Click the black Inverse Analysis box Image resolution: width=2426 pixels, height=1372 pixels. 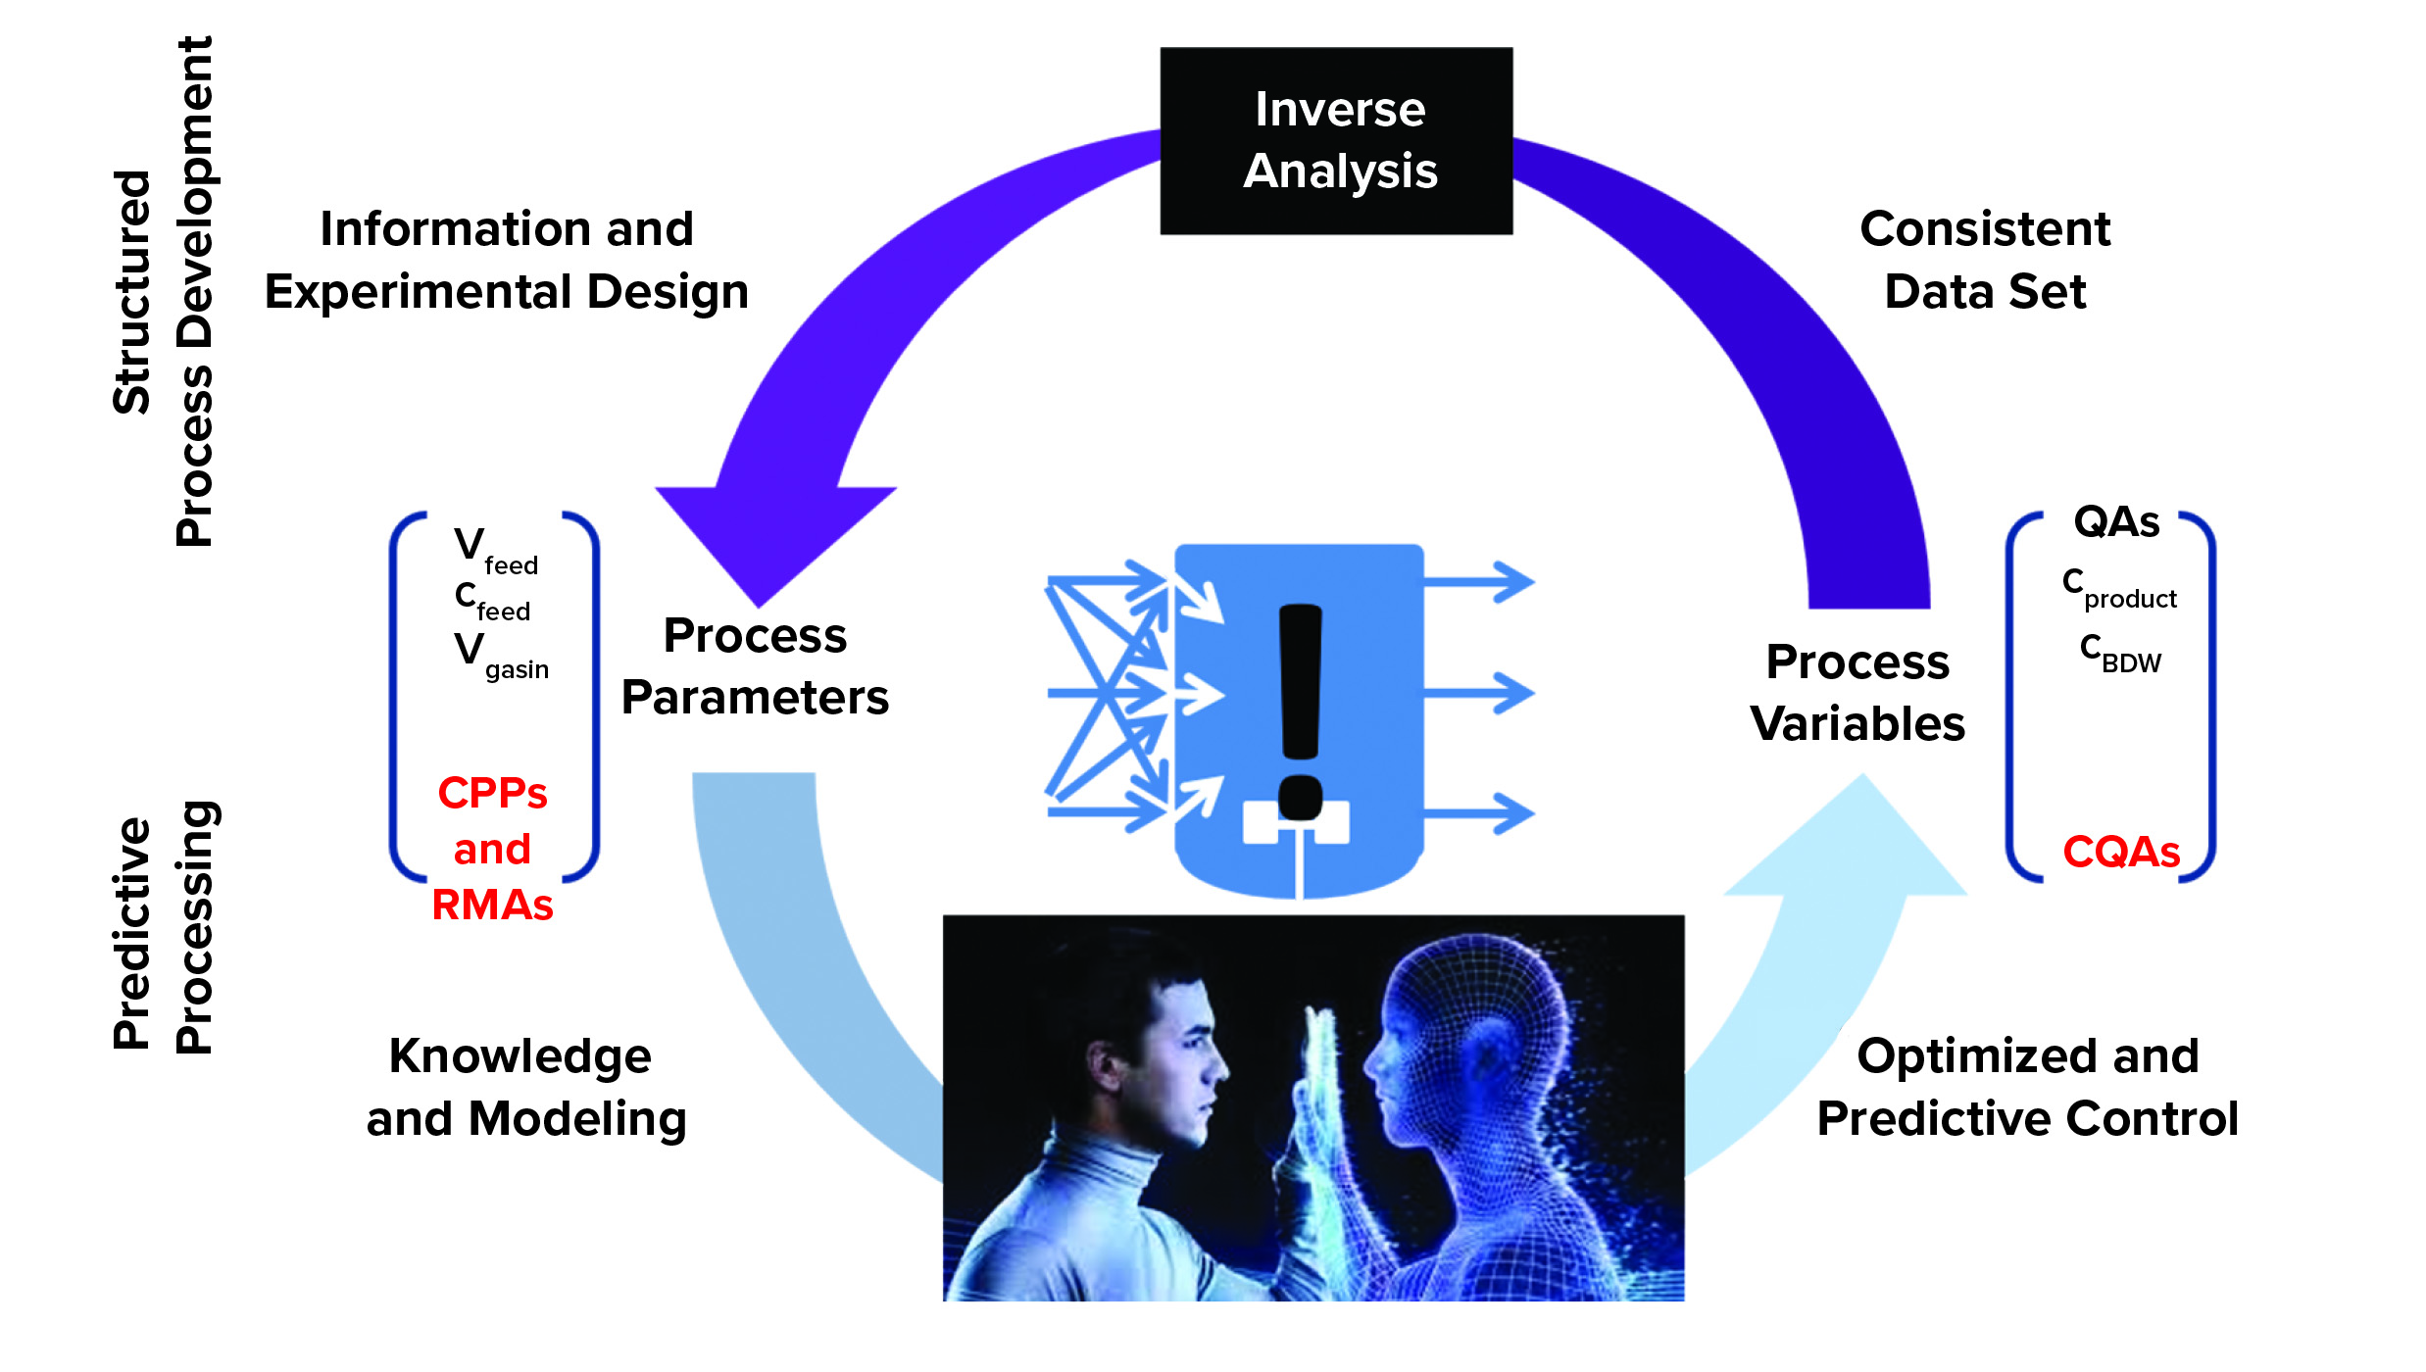(x=1336, y=140)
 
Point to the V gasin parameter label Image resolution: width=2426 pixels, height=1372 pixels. (x=501, y=656)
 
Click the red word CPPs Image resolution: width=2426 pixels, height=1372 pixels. (x=492, y=793)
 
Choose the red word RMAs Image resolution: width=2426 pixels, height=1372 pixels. (x=492, y=905)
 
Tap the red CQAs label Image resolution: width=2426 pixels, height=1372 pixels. (x=2121, y=852)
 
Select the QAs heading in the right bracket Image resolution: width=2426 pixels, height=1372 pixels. (x=2116, y=521)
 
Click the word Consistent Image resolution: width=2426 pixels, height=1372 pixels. (x=1984, y=229)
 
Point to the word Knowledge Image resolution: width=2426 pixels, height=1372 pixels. (x=520, y=1056)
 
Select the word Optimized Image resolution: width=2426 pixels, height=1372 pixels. (x=1973, y=1056)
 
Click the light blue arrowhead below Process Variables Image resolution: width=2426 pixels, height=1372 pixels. (x=1853, y=843)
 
